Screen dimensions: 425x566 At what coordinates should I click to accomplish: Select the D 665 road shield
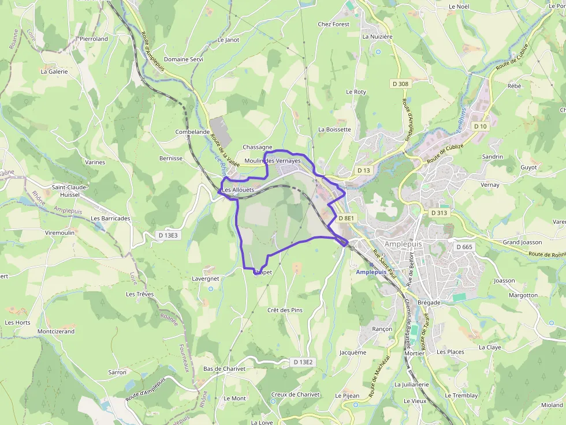(x=464, y=247)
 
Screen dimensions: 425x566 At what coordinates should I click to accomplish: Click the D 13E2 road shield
(x=303, y=362)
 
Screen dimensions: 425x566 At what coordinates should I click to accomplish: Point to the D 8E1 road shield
(x=347, y=218)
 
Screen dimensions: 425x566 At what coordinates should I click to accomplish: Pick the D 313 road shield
(x=439, y=213)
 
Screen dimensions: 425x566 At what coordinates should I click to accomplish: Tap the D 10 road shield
(x=480, y=126)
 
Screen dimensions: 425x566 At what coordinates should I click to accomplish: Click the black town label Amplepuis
(x=403, y=244)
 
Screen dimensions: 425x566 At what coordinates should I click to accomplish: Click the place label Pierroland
(x=94, y=39)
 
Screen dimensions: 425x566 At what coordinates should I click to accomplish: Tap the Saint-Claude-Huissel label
(x=70, y=190)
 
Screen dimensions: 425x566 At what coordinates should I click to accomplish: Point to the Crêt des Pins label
(x=285, y=310)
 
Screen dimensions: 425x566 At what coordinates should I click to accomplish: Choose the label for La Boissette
(x=334, y=129)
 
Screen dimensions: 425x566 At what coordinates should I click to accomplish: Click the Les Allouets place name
(x=238, y=190)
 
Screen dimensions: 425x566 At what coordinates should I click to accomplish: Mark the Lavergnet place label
(x=205, y=279)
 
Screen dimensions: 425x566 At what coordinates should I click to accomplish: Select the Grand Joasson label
(x=522, y=242)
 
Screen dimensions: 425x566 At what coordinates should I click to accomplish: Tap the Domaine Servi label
(x=184, y=59)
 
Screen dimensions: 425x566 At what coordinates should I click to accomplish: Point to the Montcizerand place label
(x=56, y=332)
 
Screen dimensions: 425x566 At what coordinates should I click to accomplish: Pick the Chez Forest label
(x=334, y=24)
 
